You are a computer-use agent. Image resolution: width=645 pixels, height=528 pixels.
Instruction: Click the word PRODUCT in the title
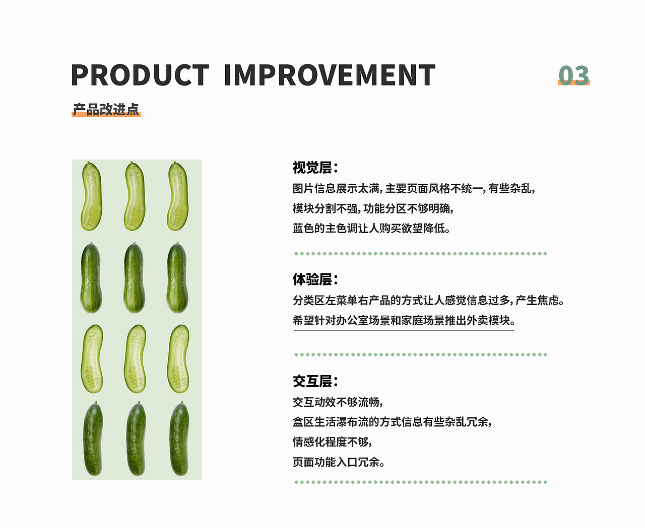click(x=140, y=75)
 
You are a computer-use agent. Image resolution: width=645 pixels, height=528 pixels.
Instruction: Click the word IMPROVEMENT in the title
click(x=330, y=75)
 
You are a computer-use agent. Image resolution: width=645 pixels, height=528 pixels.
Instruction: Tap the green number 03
click(x=574, y=75)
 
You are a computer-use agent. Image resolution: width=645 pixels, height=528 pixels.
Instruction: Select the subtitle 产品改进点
click(x=106, y=110)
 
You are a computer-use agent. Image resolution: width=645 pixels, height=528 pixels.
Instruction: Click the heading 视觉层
click(x=315, y=168)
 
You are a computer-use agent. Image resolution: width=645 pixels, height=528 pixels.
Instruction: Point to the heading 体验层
click(x=315, y=279)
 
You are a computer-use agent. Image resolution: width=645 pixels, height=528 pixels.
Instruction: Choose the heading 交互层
click(x=315, y=382)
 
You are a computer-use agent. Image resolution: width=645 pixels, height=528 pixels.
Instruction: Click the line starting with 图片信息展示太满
click(x=414, y=189)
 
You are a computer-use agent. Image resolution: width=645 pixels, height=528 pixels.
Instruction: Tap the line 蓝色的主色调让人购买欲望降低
click(x=371, y=228)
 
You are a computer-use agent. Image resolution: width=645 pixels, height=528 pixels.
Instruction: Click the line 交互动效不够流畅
click(x=338, y=402)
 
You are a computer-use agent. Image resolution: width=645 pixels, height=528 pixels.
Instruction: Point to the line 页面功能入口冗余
click(x=339, y=462)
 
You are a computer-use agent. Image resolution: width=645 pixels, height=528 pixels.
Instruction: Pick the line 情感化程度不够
click(x=332, y=442)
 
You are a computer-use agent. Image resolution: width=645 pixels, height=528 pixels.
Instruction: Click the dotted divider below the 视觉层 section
click(x=421, y=254)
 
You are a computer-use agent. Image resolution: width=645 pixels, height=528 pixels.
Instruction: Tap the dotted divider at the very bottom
click(x=421, y=482)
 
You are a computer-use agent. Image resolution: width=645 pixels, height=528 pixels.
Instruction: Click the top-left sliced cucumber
click(x=91, y=196)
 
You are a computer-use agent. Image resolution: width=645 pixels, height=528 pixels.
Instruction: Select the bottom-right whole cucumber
click(x=179, y=439)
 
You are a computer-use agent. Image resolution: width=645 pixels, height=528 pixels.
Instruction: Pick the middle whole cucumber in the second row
click(x=134, y=278)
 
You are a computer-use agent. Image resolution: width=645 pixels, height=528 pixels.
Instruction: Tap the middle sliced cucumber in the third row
click(x=135, y=359)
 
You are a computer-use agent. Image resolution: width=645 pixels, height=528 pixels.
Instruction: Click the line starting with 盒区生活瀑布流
click(x=392, y=422)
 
